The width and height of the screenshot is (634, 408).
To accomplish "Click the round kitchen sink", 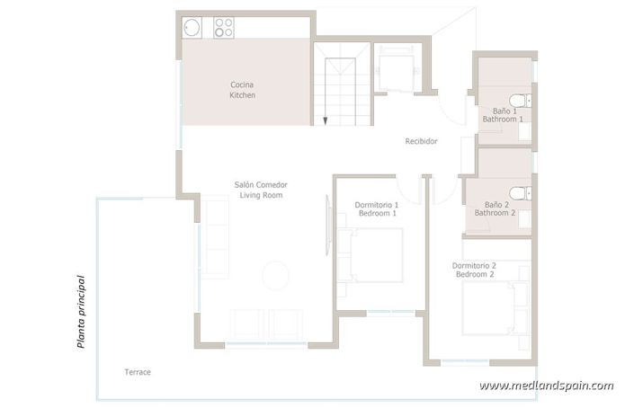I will [192, 29].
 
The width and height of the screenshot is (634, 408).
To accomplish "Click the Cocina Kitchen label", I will [243, 89].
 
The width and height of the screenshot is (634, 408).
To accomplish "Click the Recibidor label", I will [421, 141].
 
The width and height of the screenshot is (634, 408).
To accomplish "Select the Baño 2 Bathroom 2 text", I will [496, 208].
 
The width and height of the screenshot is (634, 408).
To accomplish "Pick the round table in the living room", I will [275, 272].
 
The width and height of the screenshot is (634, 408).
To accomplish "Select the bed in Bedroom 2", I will [490, 311].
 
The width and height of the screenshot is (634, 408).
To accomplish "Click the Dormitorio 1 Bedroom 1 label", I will [376, 208].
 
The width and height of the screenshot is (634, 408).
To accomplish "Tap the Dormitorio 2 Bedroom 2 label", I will [474, 270].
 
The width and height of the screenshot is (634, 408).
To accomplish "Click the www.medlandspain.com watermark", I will [546, 386].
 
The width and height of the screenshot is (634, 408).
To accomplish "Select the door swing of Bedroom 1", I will [411, 189].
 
